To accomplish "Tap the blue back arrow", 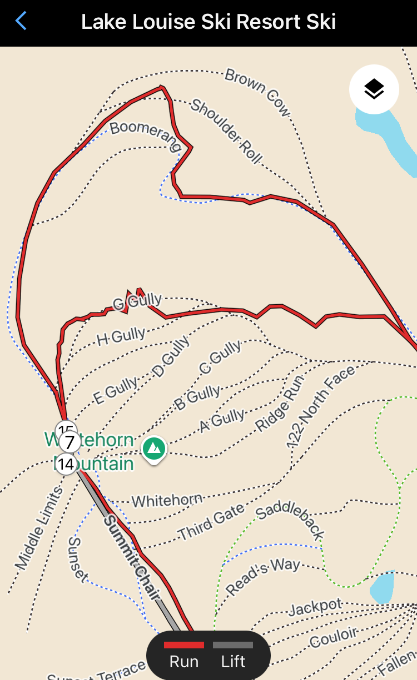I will pyautogui.click(x=21, y=22).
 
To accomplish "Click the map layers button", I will pyautogui.click(x=374, y=89).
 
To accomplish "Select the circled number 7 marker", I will pyautogui.click(x=69, y=443).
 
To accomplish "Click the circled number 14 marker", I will pyautogui.click(x=66, y=464).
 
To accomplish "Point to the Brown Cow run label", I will pyautogui.click(x=257, y=92).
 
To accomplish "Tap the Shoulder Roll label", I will pyautogui.click(x=226, y=131).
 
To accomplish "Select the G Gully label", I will pyautogui.click(x=137, y=302).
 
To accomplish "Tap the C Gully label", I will pyautogui.click(x=220, y=357).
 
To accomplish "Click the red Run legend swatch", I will pyautogui.click(x=184, y=645).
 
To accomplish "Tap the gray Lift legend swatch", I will pyautogui.click(x=233, y=645).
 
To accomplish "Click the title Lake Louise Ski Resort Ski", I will pyautogui.click(x=209, y=22).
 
